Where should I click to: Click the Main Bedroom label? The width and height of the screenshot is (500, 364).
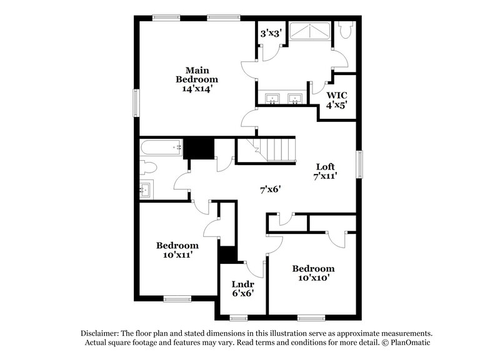click(x=196, y=74)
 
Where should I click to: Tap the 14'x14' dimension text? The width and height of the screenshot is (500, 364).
click(x=196, y=89)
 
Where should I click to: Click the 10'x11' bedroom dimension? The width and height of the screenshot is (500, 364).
click(x=177, y=255)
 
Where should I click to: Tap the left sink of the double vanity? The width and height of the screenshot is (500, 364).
click(x=272, y=98)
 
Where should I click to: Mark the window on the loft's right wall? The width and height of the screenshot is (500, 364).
click(x=360, y=164)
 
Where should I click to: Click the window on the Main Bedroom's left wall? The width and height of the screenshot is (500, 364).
click(x=135, y=102)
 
